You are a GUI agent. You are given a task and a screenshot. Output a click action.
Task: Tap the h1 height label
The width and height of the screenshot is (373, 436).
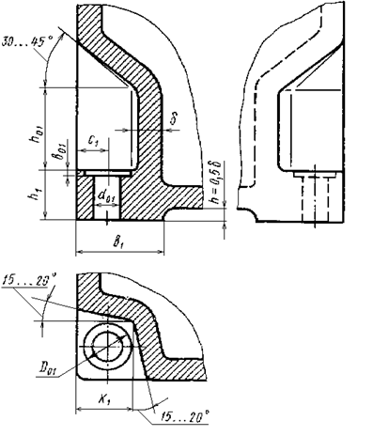click(x=35, y=197)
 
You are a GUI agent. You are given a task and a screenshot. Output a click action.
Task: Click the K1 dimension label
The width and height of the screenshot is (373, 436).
click(x=104, y=397)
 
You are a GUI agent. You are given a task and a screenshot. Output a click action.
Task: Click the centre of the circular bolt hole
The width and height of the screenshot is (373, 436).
click(x=107, y=349)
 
